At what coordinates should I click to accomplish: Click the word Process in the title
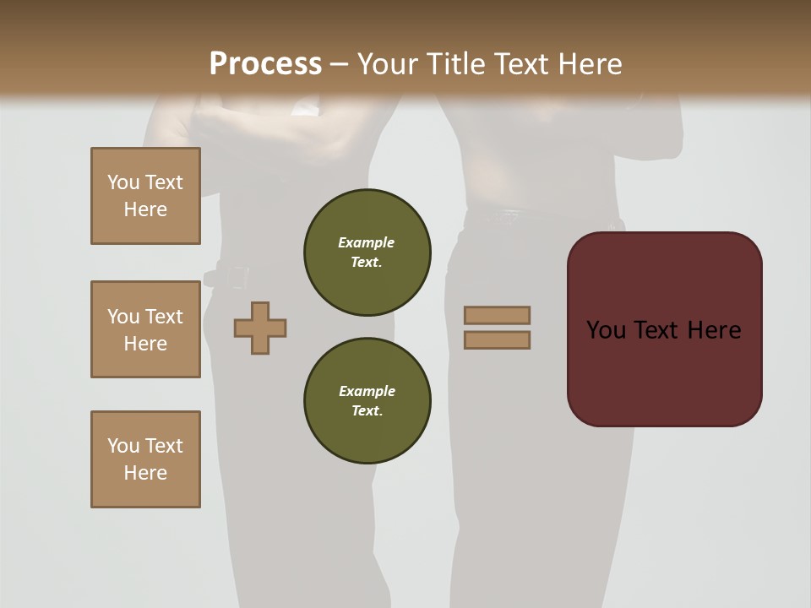click(x=265, y=63)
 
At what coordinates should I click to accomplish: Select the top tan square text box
click(x=145, y=196)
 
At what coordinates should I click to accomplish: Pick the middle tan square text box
click(x=145, y=329)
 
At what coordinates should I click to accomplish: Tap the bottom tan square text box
click(x=145, y=459)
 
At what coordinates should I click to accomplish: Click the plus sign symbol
click(x=260, y=328)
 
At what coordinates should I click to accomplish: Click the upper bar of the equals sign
click(x=497, y=315)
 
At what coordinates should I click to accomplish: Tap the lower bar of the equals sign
click(x=497, y=339)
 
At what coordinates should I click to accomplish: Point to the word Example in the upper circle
click(x=367, y=242)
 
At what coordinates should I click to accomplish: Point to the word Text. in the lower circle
click(x=367, y=410)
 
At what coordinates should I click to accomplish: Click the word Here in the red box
click(x=714, y=330)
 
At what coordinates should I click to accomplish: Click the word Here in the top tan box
click(x=145, y=209)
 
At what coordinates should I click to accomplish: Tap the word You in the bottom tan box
click(x=123, y=446)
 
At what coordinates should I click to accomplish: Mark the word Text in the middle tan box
click(x=163, y=317)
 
